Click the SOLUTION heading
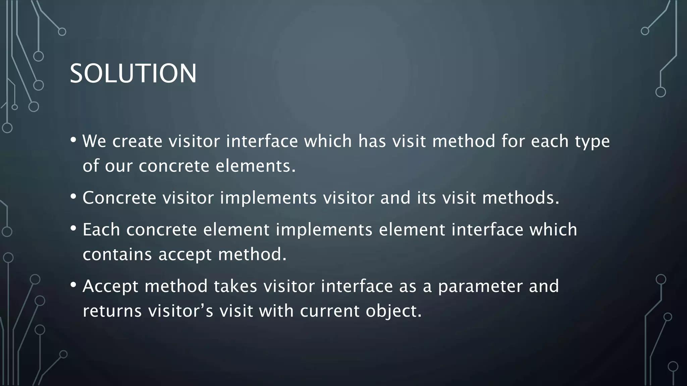click(x=133, y=73)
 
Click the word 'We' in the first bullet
click(x=94, y=141)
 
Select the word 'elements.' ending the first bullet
click(x=256, y=166)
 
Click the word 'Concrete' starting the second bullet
click(x=119, y=198)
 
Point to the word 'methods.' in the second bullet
click(x=521, y=198)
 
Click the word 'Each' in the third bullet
click(x=101, y=230)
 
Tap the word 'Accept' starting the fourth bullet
click(x=110, y=287)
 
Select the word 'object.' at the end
click(x=393, y=311)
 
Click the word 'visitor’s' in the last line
click(x=181, y=311)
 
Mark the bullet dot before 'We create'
click(x=73, y=140)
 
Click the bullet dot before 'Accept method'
click(x=73, y=285)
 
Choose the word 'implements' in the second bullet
click(x=268, y=198)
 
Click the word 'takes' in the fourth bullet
click(x=235, y=286)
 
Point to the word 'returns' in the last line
click(x=112, y=311)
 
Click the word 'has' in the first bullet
click(x=372, y=141)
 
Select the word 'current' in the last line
click(x=329, y=311)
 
